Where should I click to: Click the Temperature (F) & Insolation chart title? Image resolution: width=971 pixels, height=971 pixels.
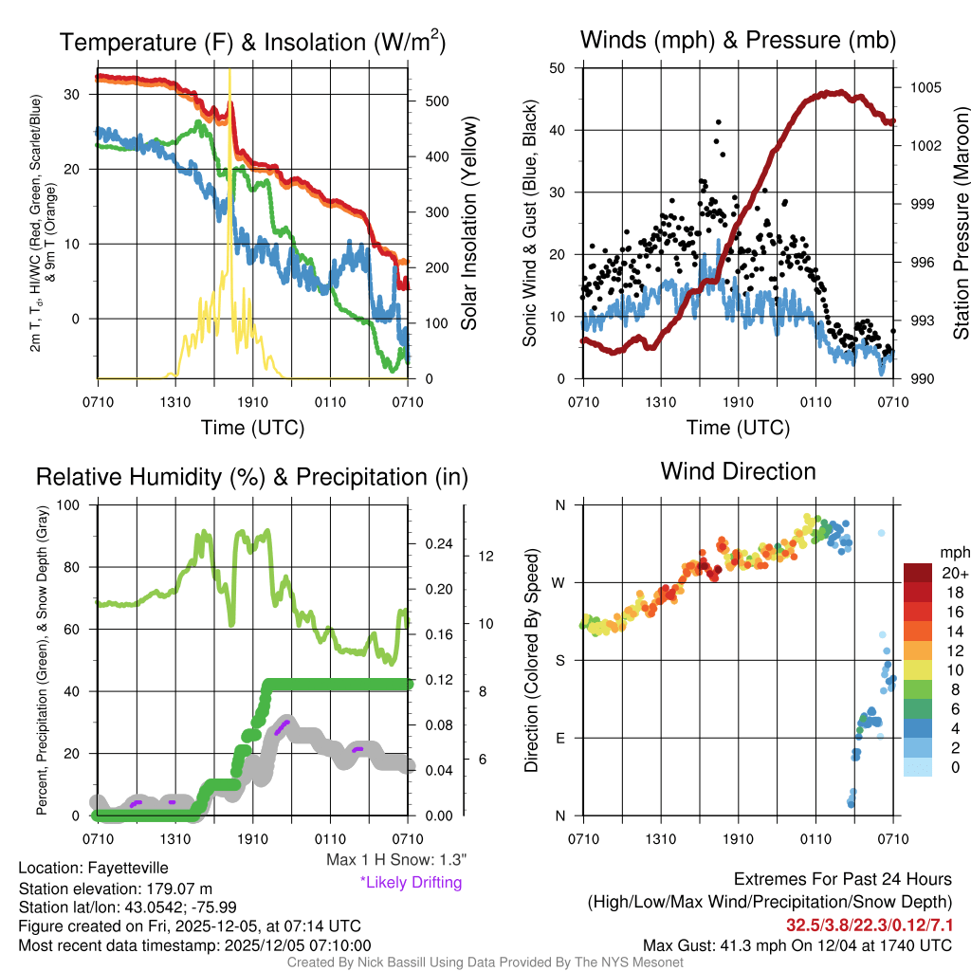coord(252,42)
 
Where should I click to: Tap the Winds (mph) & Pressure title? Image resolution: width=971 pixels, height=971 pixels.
coord(738,40)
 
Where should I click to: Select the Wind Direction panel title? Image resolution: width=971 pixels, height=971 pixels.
coord(738,471)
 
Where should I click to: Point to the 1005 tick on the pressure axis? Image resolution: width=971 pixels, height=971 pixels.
coord(924,87)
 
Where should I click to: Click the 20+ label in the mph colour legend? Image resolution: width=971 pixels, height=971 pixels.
coord(952,573)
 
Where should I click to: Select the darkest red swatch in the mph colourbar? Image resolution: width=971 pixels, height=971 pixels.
coord(917,573)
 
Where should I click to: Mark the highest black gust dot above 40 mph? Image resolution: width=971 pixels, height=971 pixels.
coord(719,122)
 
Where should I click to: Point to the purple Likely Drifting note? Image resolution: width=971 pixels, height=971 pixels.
coord(411,882)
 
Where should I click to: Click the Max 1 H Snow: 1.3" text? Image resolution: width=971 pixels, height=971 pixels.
coord(396,860)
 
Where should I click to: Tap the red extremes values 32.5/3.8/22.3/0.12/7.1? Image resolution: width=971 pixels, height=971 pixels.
coord(870,925)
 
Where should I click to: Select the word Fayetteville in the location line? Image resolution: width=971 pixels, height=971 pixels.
coord(128,868)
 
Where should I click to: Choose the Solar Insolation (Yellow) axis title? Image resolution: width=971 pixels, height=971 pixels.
coord(470,224)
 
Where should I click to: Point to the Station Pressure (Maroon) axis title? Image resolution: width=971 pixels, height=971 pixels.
coord(960,224)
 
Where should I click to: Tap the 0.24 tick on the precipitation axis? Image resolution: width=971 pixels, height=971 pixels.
coord(438,544)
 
